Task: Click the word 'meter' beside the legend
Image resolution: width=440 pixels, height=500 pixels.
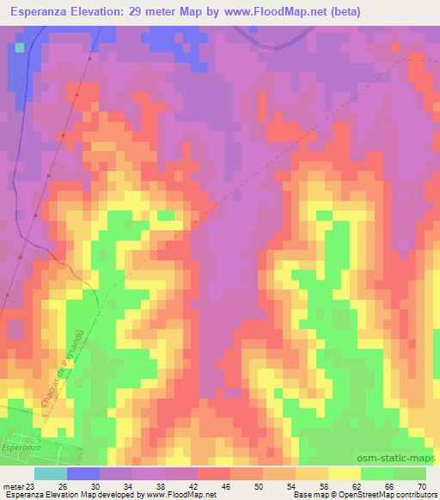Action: tap(13, 485)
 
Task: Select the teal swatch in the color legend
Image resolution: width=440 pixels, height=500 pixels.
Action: tap(50, 473)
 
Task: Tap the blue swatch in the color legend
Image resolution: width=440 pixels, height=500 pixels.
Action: tap(82, 473)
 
